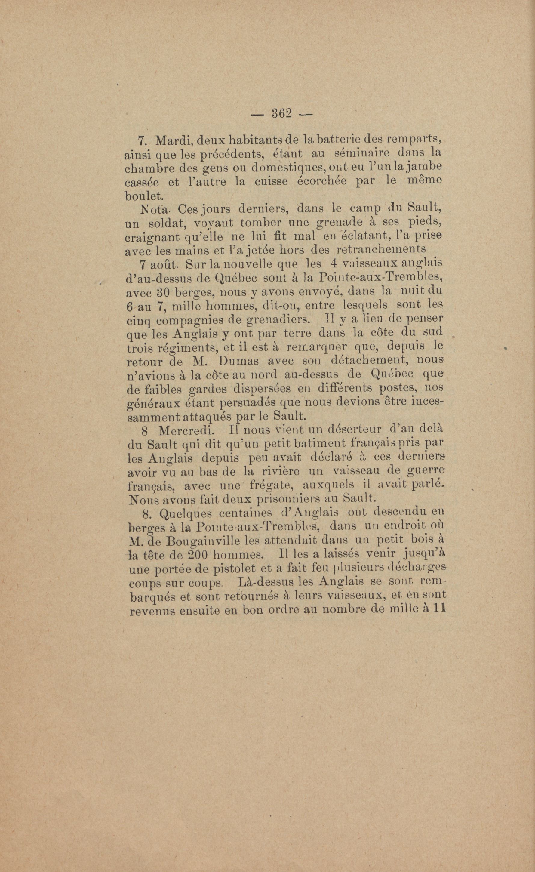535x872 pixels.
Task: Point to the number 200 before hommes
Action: point(198,555)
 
